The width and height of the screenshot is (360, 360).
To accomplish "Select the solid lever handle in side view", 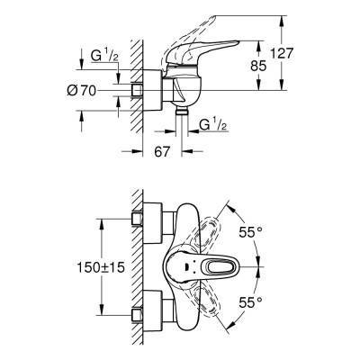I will tap(215, 60).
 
